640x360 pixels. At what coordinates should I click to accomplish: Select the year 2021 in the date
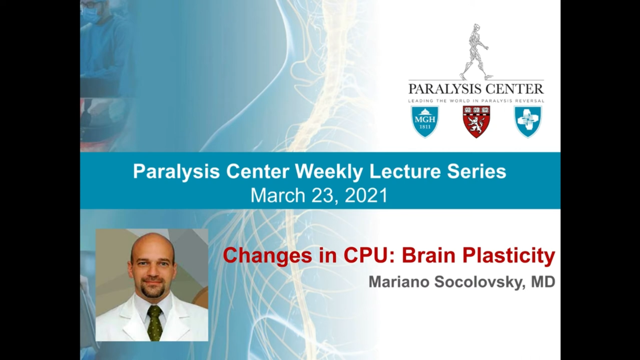(x=366, y=195)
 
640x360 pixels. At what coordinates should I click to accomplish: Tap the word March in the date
(x=278, y=195)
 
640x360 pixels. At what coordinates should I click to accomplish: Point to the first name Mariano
(x=399, y=282)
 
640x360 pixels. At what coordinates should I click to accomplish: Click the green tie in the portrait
(x=155, y=323)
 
